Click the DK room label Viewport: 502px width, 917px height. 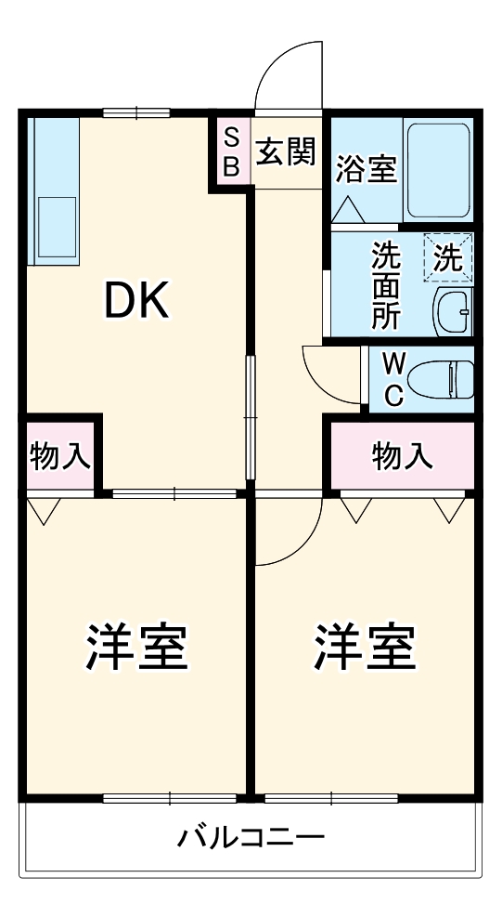[x=135, y=300]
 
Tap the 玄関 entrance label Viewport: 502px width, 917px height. [x=286, y=151]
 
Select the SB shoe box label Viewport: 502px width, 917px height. [x=232, y=152]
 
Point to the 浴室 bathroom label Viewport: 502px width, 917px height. [x=367, y=169]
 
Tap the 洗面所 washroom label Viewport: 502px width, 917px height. [x=386, y=285]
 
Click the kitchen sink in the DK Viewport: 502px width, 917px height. [x=56, y=229]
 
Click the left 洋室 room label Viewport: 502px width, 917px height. [x=137, y=648]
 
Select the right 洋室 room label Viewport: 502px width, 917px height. [x=364, y=648]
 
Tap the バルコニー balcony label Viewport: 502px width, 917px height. [x=251, y=839]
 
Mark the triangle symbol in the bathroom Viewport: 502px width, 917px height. [x=350, y=210]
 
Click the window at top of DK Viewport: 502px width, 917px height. [x=135, y=113]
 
